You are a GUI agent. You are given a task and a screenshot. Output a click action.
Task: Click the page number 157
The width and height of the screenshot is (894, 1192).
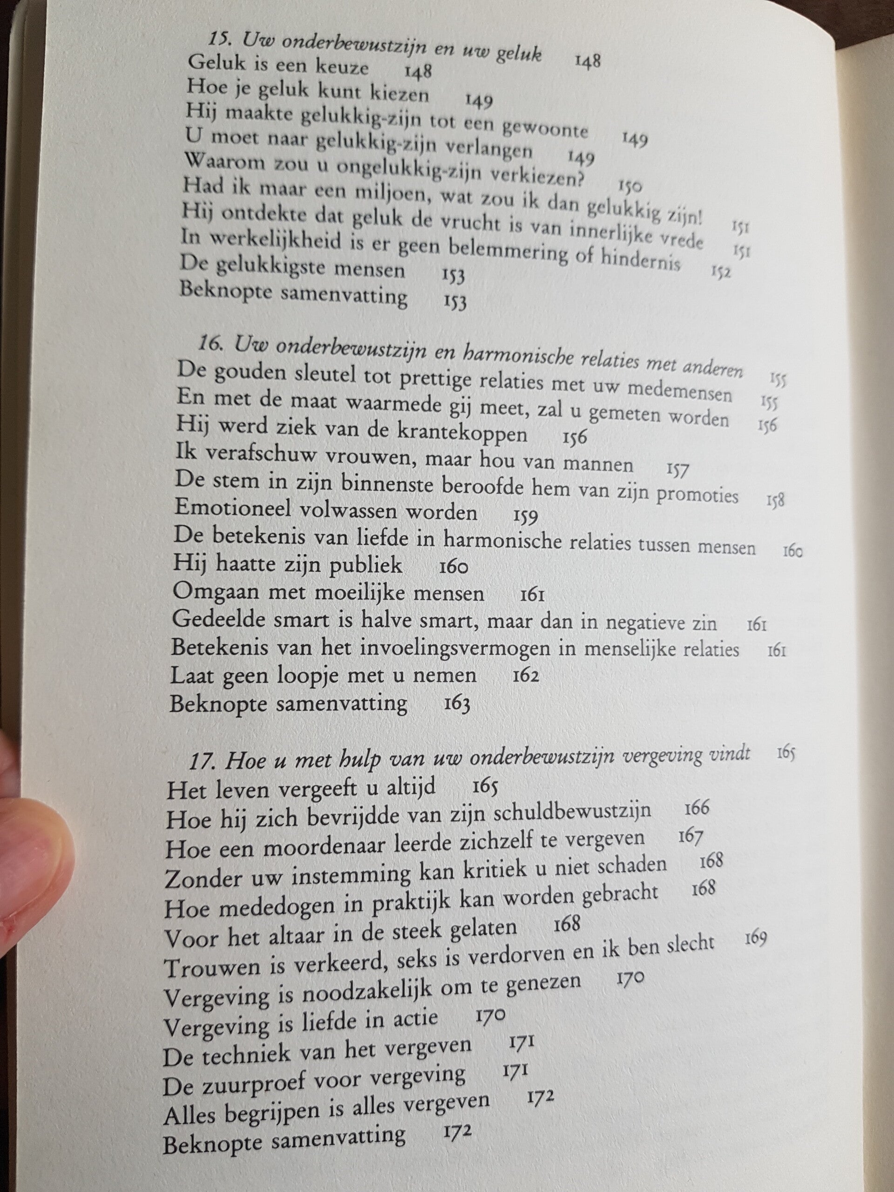(677, 470)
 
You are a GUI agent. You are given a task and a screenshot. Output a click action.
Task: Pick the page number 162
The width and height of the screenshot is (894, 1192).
(526, 675)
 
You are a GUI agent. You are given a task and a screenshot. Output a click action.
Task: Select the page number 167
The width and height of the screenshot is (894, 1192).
(691, 836)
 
